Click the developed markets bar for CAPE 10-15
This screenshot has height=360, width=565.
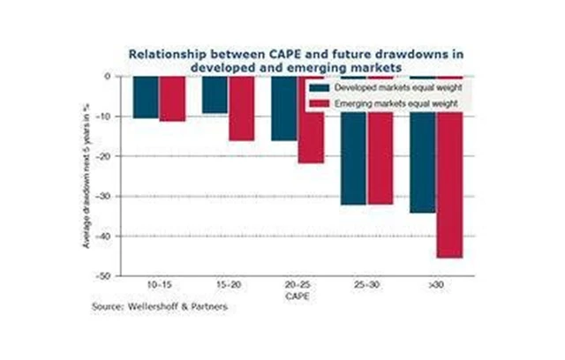[146, 97]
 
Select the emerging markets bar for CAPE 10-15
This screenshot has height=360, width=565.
[172, 99]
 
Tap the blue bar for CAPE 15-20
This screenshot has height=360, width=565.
[215, 94]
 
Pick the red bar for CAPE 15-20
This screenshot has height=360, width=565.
[241, 109]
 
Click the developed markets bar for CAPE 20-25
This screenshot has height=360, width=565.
[284, 109]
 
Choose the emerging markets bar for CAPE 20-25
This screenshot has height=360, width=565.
[311, 120]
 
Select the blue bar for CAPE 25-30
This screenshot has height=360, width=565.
[353, 140]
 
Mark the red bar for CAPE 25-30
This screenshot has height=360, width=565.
[380, 140]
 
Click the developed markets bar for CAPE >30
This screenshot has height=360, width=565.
[422, 145]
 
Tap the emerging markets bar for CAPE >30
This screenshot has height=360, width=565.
[448, 167]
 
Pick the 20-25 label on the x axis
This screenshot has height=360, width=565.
[298, 288]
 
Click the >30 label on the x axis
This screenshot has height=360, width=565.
[435, 288]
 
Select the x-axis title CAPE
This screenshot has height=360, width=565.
[298, 297]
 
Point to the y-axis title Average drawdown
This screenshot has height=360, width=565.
[87, 176]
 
